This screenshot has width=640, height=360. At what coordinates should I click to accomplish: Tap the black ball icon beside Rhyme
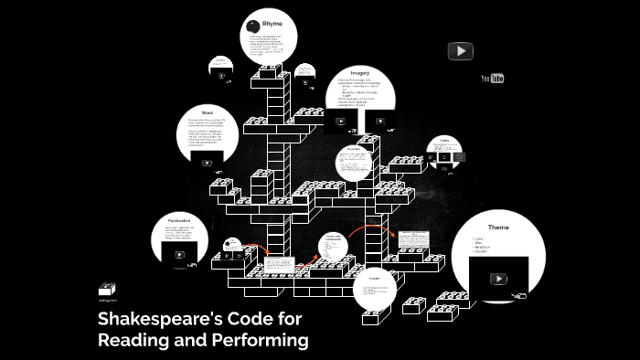(x=254, y=25)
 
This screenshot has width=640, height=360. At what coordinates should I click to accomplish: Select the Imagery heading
(x=358, y=72)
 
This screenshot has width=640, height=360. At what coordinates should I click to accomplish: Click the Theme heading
(x=497, y=227)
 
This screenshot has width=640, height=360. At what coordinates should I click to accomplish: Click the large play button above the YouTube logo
(x=460, y=51)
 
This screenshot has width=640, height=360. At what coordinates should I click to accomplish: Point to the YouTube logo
(x=493, y=79)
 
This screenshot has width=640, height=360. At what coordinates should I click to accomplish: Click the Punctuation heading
(x=179, y=220)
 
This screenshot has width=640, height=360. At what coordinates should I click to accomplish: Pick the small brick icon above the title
(x=108, y=290)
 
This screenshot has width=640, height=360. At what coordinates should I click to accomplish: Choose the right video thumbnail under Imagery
(x=379, y=121)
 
